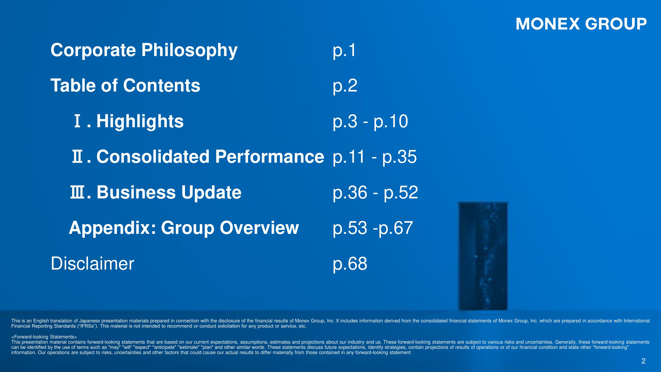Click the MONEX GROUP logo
point(581,24)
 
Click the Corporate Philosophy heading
point(144,51)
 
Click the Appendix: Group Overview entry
point(184,228)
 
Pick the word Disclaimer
point(92,263)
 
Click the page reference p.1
point(344,51)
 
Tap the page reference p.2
point(345,86)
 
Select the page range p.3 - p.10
point(370,122)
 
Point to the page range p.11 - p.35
point(375,157)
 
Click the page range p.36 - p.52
point(375,193)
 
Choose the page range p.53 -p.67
point(373,228)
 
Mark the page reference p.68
point(350,264)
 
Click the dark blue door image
point(483,256)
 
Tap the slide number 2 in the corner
point(643,361)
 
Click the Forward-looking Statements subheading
point(44,337)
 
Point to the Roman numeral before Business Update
point(77,192)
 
